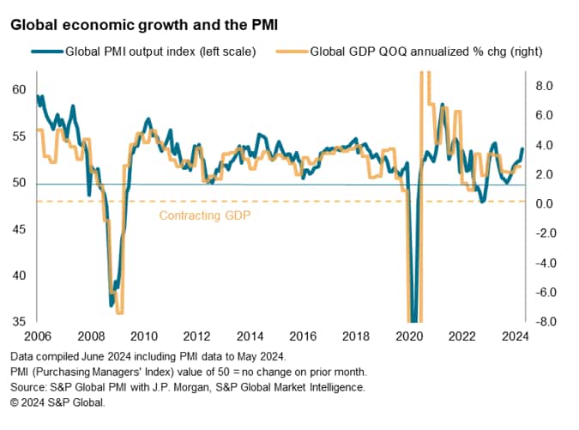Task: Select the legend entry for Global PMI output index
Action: tap(160, 53)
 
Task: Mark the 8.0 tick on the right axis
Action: tap(546, 85)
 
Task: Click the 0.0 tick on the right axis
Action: tap(546, 203)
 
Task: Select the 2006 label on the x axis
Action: tap(37, 336)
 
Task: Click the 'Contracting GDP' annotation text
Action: tap(205, 215)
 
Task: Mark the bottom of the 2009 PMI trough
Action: tap(112, 305)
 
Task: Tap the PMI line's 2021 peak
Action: tap(442, 105)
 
